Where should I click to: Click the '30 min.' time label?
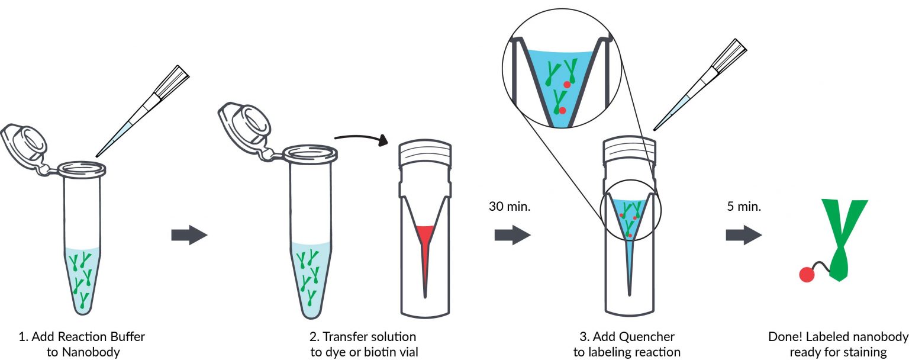[510, 207]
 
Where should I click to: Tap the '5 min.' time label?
[743, 207]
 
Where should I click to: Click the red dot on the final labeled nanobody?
[805, 274]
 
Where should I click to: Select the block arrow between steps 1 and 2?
[189, 236]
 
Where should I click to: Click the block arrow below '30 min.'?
[512, 235]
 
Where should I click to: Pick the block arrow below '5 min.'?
[744, 235]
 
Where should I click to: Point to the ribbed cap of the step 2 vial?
[426, 155]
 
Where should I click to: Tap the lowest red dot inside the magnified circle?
[562, 110]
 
